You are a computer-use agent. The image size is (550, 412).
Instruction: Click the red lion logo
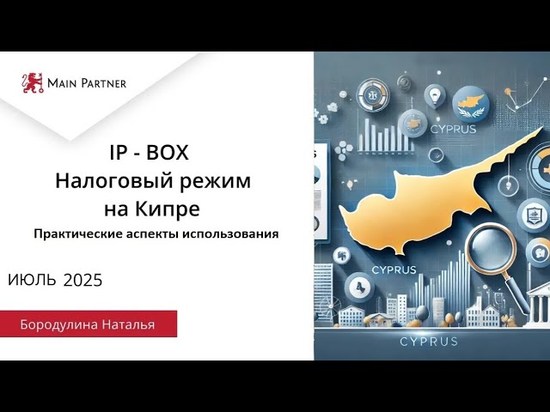pos(33,83)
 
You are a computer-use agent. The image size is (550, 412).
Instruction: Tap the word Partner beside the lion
pos(103,83)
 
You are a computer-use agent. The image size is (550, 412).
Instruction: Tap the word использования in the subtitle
pos(230,233)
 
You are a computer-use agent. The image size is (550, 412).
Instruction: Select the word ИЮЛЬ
pos(32,281)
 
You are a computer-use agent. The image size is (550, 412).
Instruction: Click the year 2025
pos(83,281)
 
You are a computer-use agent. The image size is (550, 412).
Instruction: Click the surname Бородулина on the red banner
pos(59,324)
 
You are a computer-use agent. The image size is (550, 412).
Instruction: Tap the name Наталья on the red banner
pos(128,324)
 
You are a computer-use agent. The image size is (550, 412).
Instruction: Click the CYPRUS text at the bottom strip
pos(428,342)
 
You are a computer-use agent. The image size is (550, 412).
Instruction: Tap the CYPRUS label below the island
pos(394,270)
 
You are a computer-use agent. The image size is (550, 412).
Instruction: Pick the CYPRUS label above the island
pos(453,130)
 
